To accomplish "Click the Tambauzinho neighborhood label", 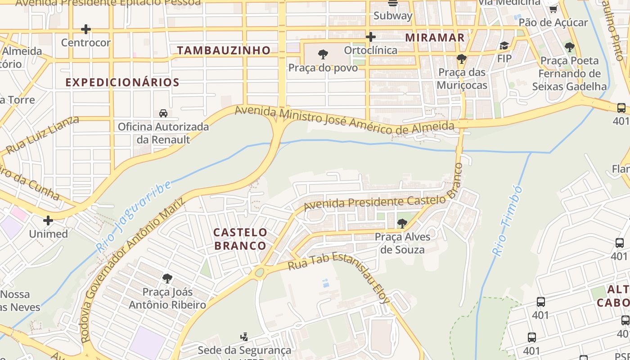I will tap(224, 50).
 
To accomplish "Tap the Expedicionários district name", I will tap(122, 82).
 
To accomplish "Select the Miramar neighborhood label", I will tap(435, 37).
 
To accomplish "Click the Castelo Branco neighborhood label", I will tap(240, 239).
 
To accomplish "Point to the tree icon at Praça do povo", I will tap(323, 55).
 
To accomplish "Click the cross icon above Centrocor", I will tap(85, 30).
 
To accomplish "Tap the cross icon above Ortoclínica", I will tap(370, 37).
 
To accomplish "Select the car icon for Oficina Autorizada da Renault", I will tap(163, 113).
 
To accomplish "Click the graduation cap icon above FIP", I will tap(504, 45).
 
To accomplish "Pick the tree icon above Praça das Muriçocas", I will tap(461, 59).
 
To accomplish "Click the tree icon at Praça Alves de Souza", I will tap(402, 223).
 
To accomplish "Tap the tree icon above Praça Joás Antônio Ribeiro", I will tap(167, 279).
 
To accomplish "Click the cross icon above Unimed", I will tap(48, 220).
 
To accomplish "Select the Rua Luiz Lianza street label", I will tap(43, 134).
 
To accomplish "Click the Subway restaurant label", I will tap(393, 16).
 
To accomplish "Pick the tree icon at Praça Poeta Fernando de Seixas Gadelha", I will tap(569, 47).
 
